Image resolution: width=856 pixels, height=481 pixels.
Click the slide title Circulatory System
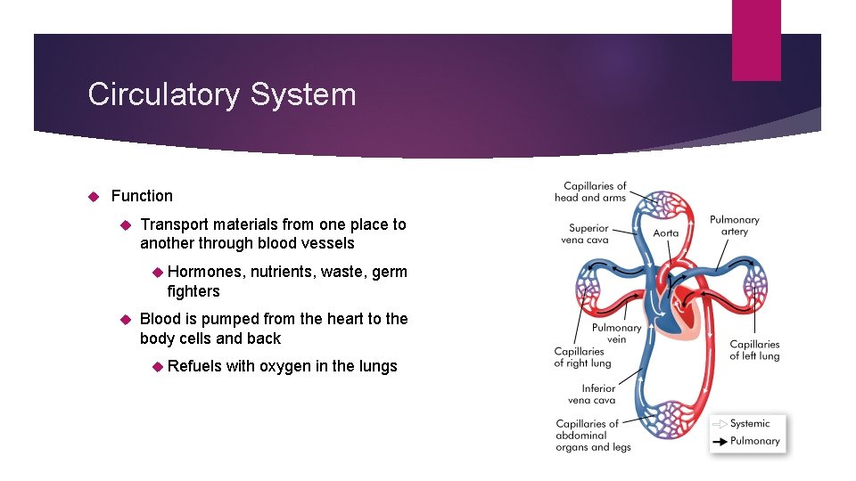click(222, 95)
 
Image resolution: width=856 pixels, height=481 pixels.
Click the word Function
click(142, 196)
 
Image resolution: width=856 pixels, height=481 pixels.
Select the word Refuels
click(194, 366)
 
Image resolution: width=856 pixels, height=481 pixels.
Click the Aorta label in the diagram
click(665, 233)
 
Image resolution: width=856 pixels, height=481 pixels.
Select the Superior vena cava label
click(588, 233)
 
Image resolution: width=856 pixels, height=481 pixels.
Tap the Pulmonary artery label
click(734, 225)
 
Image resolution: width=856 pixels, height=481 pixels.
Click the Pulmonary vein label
click(616, 333)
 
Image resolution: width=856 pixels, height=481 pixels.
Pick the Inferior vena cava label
click(598, 394)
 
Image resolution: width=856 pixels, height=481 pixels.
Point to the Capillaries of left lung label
click(754, 350)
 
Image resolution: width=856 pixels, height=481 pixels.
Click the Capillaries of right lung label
click(582, 356)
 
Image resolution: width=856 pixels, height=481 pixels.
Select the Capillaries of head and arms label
click(590, 192)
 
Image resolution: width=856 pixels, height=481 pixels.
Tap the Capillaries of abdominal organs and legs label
click(593, 435)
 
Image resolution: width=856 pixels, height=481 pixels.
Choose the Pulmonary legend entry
click(754, 441)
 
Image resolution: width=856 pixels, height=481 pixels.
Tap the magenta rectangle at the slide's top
click(756, 40)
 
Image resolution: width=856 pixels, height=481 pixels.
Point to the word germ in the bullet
click(389, 272)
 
